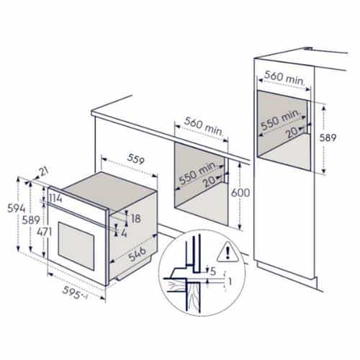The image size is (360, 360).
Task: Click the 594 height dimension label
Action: pyautogui.click(x=16, y=208)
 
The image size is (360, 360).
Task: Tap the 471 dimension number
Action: pyautogui.click(x=45, y=232)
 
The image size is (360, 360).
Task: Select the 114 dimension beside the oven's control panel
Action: pyautogui.click(x=55, y=199)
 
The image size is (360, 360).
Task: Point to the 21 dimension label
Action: pyautogui.click(x=44, y=172)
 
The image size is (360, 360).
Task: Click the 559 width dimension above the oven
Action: pyautogui.click(x=135, y=159)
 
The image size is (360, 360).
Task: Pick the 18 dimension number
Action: pyautogui.click(x=136, y=218)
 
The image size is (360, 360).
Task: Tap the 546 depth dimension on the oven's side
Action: pyautogui.click(x=138, y=253)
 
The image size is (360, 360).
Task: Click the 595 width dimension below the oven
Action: pyautogui.click(x=71, y=292)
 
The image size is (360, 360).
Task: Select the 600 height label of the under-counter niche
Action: pyautogui.click(x=240, y=192)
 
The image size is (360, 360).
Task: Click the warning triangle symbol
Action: pyautogui.click(x=228, y=252)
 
